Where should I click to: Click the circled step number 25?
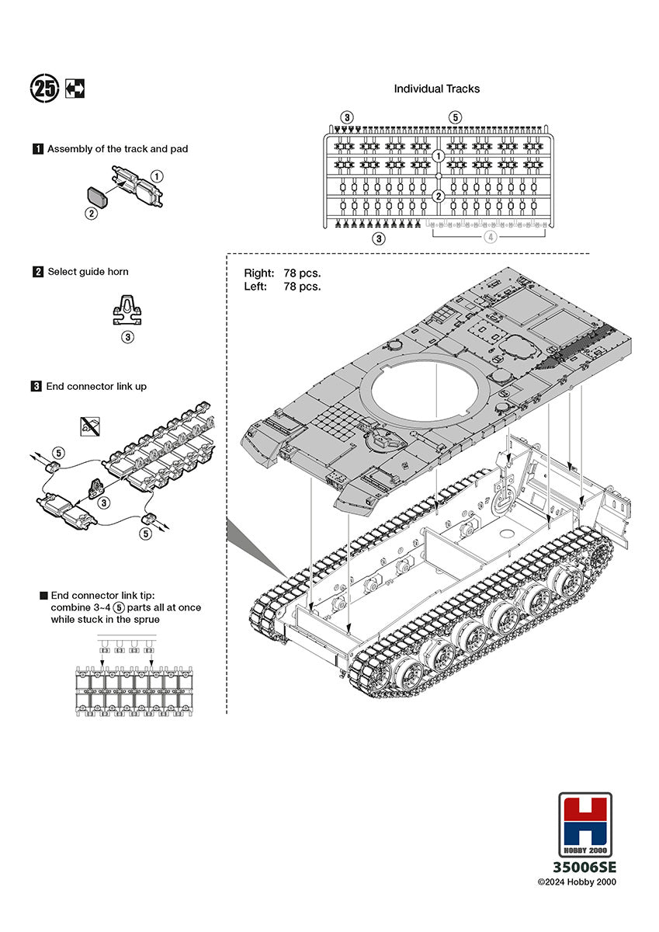pyautogui.click(x=44, y=89)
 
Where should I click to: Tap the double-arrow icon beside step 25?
pyautogui.click(x=75, y=89)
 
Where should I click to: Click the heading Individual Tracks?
pyautogui.click(x=436, y=89)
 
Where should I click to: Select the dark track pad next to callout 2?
pyautogui.click(x=97, y=195)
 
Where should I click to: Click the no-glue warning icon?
pyautogui.click(x=89, y=425)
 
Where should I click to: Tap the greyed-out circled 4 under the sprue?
pyautogui.click(x=489, y=238)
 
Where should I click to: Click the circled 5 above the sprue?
pyautogui.click(x=455, y=117)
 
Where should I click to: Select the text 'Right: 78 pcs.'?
pyautogui.click(x=283, y=273)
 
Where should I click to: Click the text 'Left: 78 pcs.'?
pyautogui.click(x=283, y=287)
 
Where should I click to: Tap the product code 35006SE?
pyautogui.click(x=584, y=867)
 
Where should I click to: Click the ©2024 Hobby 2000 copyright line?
pyautogui.click(x=577, y=882)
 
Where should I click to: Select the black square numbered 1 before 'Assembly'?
pyautogui.click(x=37, y=148)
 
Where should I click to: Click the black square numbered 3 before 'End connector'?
pyautogui.click(x=37, y=386)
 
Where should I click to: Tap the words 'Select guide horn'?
pyautogui.click(x=88, y=272)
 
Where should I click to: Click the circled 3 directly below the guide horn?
pyautogui.click(x=127, y=337)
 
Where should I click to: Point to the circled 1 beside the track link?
pyautogui.click(x=157, y=176)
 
